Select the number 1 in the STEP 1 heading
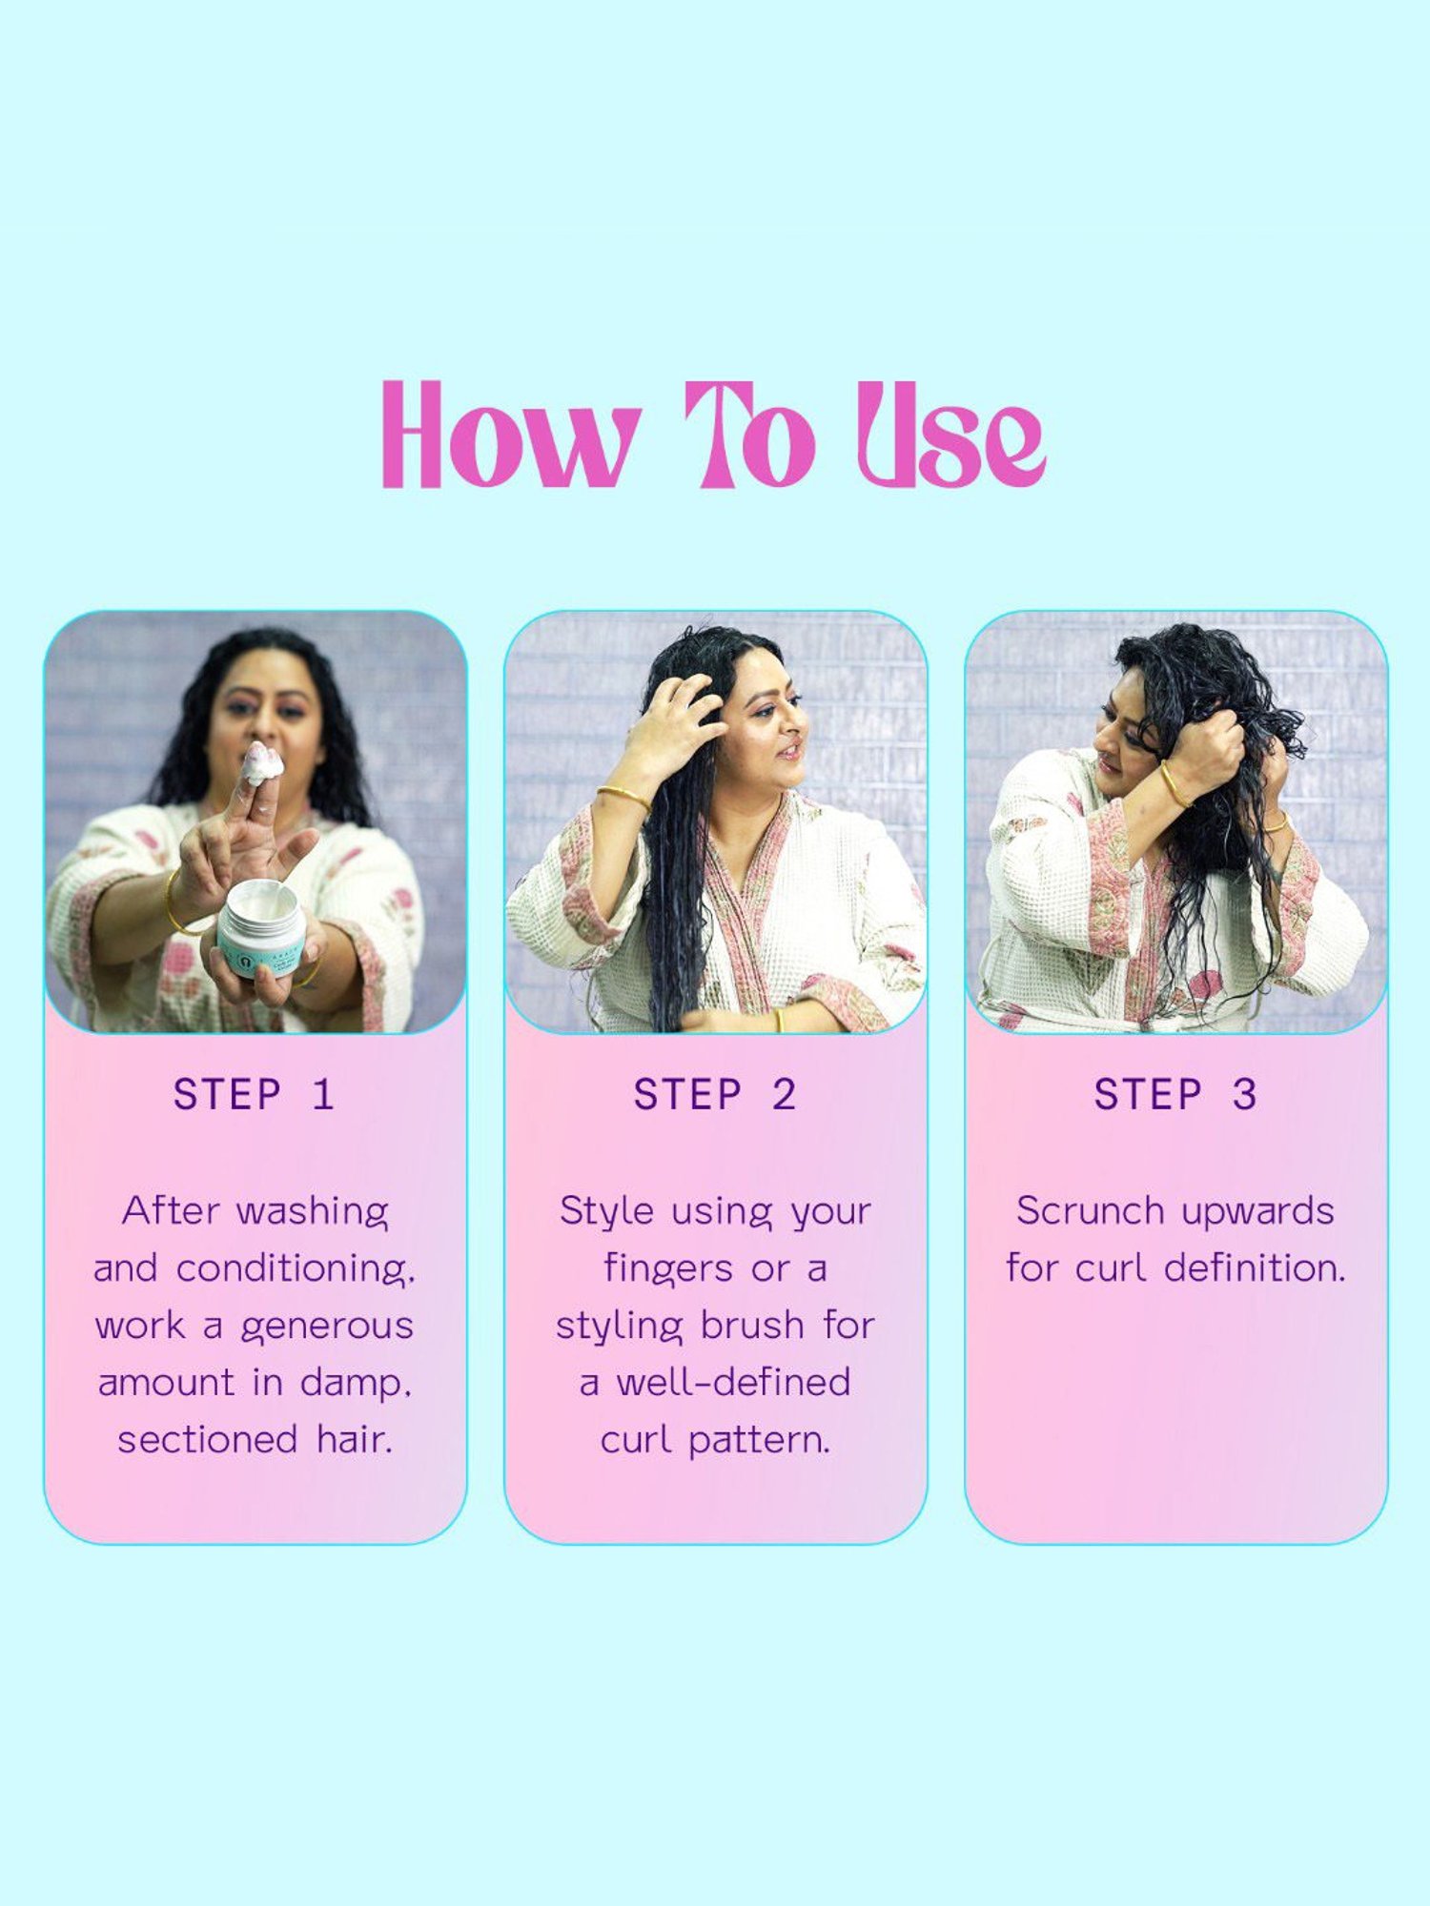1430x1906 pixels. [323, 1094]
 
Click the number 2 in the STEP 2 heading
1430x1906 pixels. [784, 1094]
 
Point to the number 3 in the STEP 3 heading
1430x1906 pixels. [1244, 1094]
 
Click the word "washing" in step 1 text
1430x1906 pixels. [312, 1212]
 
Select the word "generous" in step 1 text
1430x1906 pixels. [327, 1327]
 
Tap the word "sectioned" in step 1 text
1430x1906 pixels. [208, 1439]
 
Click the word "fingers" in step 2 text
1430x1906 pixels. [668, 1269]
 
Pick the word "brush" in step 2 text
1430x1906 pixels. [752, 1325]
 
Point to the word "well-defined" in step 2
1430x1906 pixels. [733, 1382]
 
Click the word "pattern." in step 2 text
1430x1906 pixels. [759, 1441]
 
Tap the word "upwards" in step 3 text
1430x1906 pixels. [1257, 1212]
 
